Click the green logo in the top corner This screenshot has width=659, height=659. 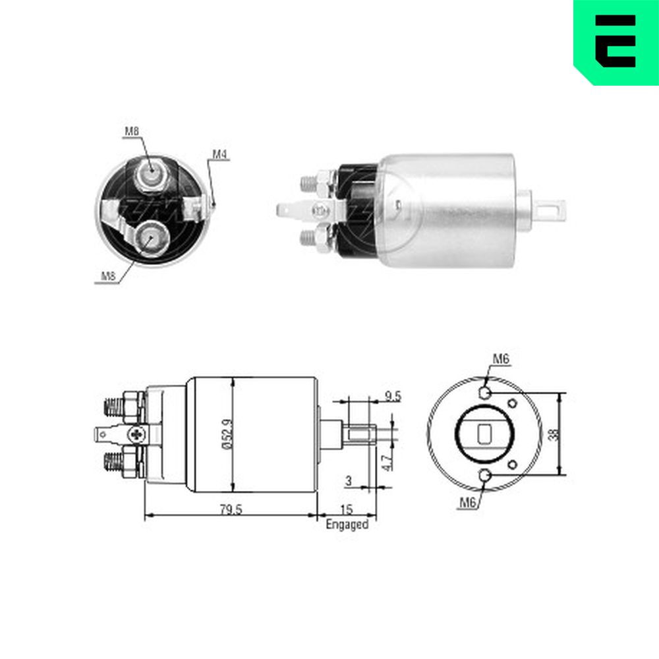click(616, 42)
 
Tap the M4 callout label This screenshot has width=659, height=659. click(219, 154)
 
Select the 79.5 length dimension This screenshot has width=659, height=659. click(231, 509)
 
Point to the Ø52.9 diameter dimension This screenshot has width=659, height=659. click(226, 434)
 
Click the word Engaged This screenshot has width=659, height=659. click(347, 525)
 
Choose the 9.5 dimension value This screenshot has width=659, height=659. click(393, 396)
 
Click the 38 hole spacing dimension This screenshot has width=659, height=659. click(555, 434)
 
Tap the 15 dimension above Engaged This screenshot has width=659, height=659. click(347, 510)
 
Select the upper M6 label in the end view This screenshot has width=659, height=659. click(501, 359)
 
